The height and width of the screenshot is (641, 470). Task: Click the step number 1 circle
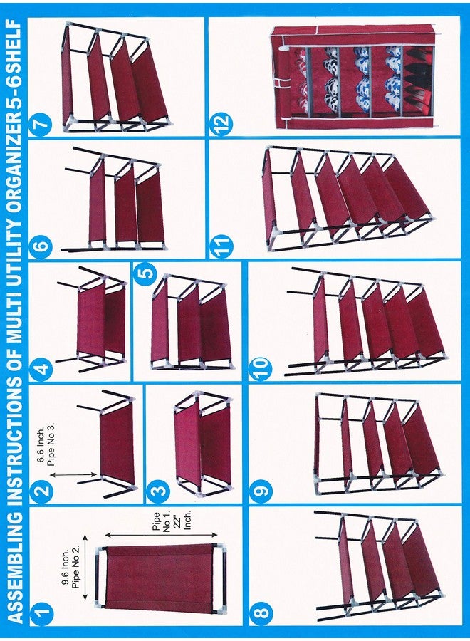(42, 610)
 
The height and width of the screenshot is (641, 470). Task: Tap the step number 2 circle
(42, 489)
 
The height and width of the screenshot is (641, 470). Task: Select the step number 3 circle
(160, 489)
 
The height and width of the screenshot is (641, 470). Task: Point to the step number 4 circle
(42, 368)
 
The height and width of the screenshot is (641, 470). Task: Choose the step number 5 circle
(146, 274)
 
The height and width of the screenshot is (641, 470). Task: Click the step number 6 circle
(42, 247)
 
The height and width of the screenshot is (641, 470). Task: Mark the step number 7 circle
(42, 129)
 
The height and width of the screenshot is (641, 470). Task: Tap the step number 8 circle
(261, 610)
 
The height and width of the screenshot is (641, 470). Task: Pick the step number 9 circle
(261, 489)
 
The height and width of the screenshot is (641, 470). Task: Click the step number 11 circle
(221, 246)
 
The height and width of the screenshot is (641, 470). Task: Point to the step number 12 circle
(221, 128)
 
